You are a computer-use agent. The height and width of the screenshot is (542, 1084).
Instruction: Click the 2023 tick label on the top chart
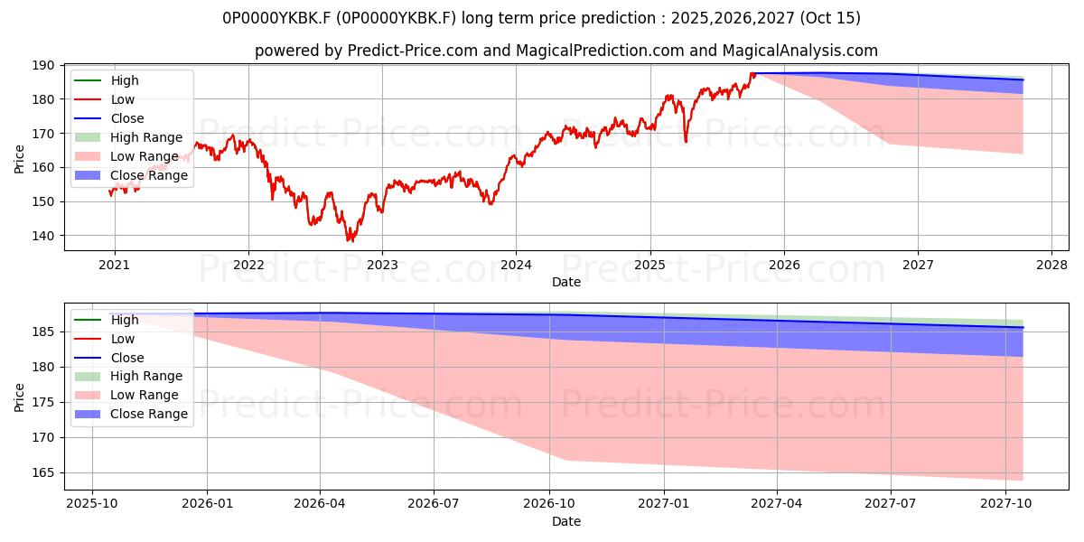[x=382, y=266]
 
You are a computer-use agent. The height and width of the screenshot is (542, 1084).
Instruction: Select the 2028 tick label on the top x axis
[x=1051, y=266]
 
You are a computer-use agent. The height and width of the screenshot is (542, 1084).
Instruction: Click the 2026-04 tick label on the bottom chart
[x=321, y=505]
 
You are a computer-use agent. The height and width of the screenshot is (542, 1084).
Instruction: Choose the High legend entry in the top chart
[x=125, y=80]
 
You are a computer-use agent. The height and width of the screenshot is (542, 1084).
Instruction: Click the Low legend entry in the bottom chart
[x=122, y=339]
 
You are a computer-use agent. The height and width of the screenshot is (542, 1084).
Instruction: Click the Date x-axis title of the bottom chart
[x=566, y=521]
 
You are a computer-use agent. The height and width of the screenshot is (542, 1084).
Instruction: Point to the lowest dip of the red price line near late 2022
[x=350, y=240]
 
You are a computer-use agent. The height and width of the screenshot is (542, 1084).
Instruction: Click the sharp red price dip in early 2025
[x=686, y=141]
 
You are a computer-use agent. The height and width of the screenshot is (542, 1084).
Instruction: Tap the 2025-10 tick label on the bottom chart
[x=92, y=505]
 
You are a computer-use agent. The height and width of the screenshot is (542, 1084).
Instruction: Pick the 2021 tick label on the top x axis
[x=114, y=266]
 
